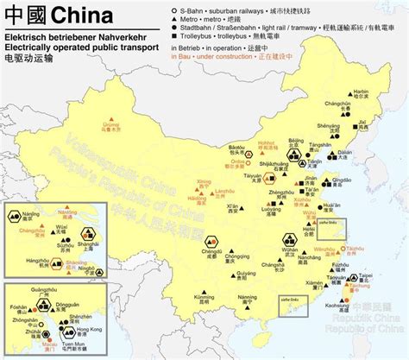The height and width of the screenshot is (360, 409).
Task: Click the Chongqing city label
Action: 232,259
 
